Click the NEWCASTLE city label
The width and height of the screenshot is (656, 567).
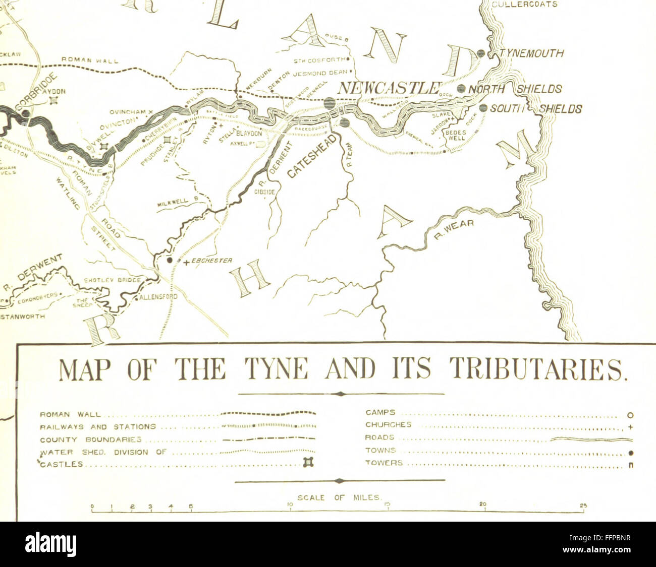tap(390, 88)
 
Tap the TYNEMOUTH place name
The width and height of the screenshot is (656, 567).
tap(531, 53)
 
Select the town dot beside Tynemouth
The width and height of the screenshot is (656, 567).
tap(481, 53)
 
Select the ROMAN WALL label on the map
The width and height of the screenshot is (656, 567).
tap(90, 60)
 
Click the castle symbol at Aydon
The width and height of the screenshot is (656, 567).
tap(53, 100)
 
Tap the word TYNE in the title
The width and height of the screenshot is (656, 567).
tap(282, 371)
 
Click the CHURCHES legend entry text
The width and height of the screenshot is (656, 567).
tap(388, 425)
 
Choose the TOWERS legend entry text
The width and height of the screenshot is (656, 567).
tap(384, 463)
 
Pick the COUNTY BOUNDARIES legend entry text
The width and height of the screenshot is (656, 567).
tap(91, 439)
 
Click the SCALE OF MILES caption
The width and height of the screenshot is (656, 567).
tap(339, 497)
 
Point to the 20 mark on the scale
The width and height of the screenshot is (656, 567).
tap(483, 505)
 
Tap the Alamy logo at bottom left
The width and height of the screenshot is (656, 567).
tap(50, 544)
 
